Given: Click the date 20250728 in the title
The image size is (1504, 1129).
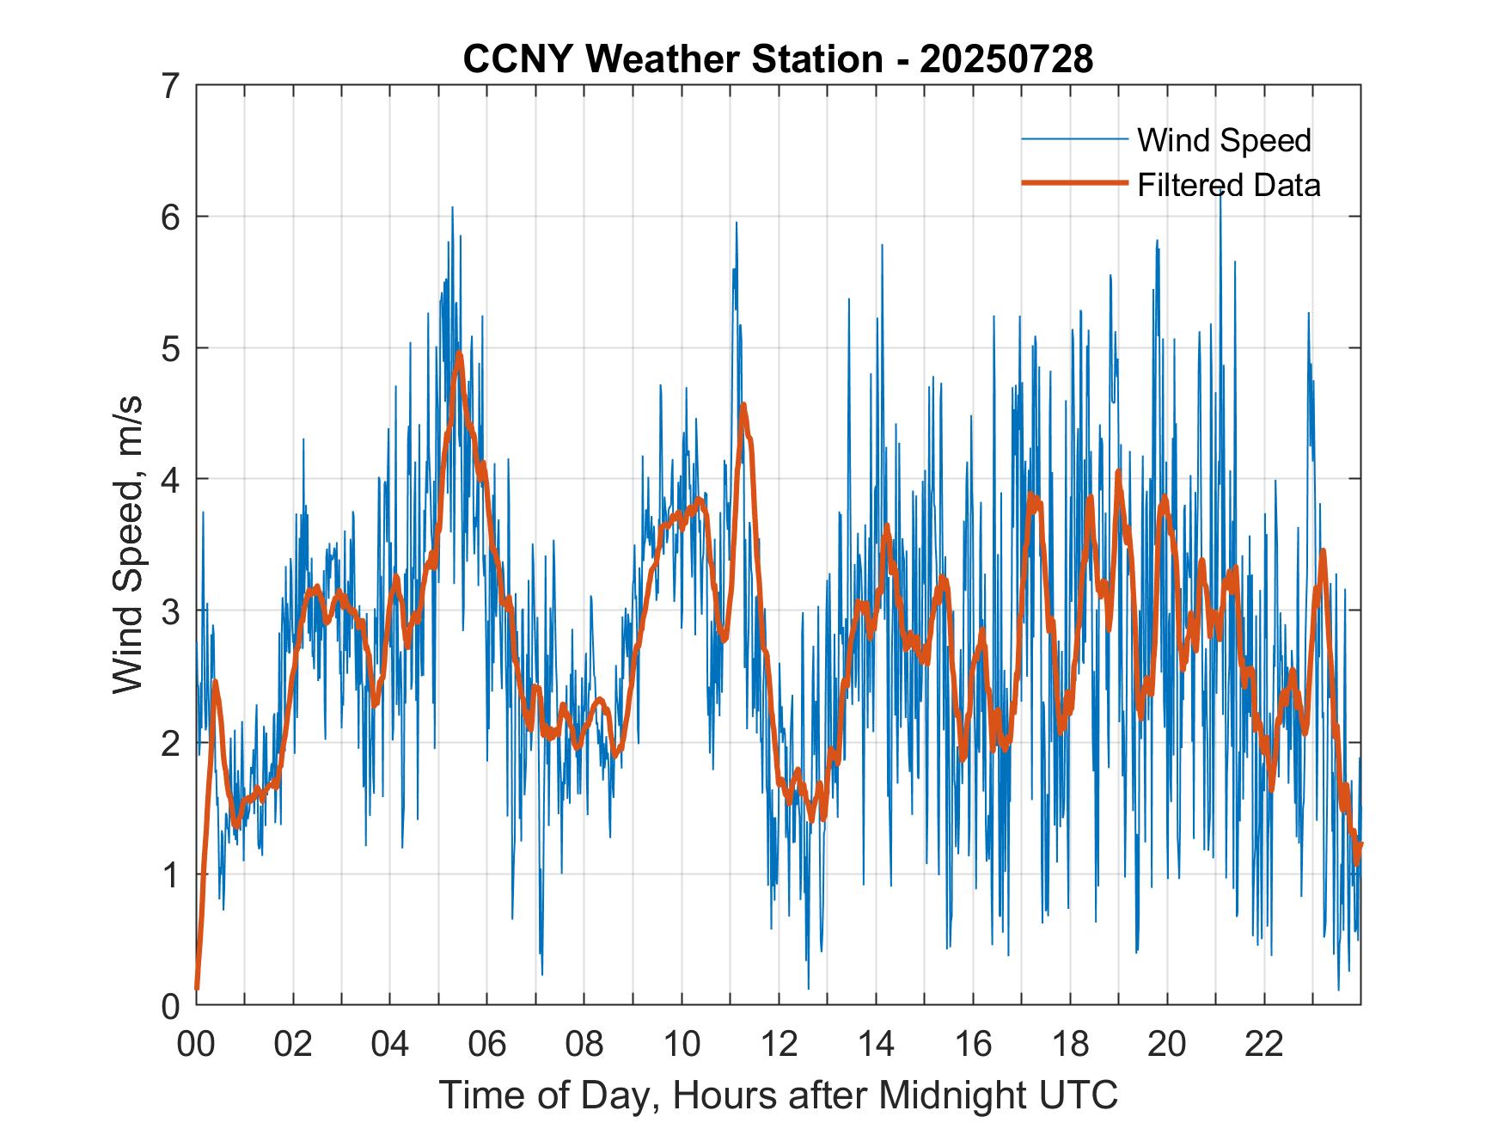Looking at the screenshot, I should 1006,60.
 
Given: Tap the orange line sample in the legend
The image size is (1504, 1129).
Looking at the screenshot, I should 1074,183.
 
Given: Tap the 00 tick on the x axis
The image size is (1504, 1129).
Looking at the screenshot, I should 196,1045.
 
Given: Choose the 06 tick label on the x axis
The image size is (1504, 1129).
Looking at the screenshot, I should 487,1045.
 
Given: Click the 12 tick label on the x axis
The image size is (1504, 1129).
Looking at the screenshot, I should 779,1045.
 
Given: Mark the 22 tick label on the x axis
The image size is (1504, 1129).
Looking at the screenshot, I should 1264,1045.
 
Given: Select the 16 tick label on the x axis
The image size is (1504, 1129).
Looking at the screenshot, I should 973,1045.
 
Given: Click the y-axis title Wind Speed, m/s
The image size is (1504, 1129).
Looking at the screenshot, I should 129,545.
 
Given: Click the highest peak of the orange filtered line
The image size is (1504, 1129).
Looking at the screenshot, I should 459,353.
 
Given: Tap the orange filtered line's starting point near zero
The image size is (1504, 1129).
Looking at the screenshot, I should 197,988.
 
